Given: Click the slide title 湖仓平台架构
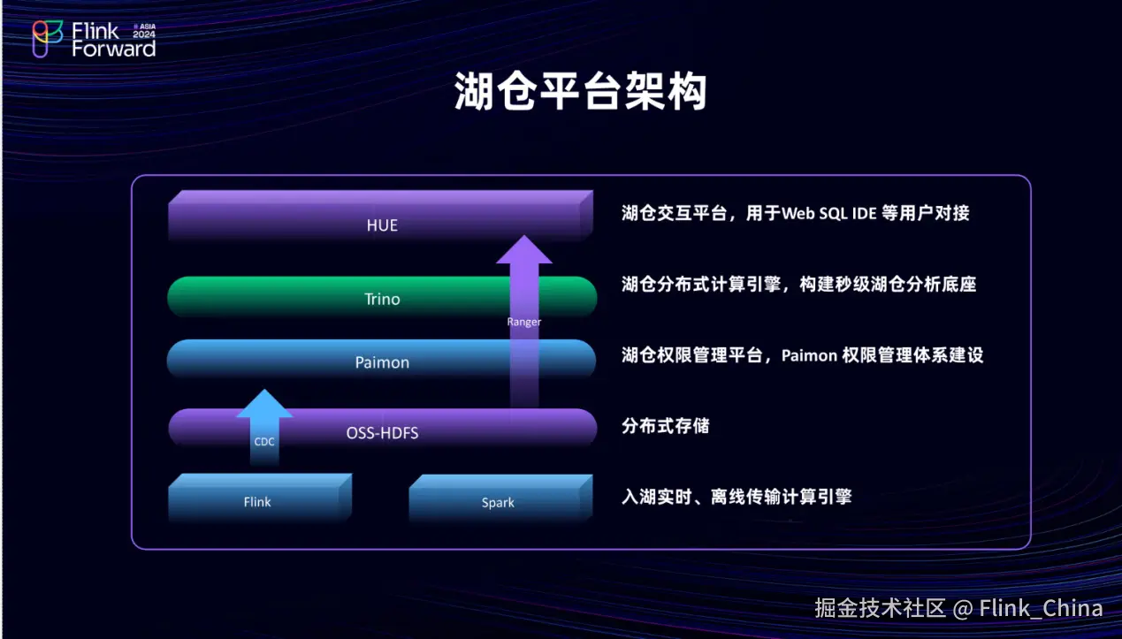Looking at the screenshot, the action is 580,91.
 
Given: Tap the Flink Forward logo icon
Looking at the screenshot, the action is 48,39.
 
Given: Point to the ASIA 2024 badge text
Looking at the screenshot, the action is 144,31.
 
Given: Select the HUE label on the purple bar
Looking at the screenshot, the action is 382,225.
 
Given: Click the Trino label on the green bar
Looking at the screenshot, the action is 382,299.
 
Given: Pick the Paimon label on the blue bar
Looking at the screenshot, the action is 382,362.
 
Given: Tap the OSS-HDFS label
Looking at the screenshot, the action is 382,433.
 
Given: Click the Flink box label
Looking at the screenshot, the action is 257,502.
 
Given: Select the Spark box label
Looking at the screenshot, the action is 498,502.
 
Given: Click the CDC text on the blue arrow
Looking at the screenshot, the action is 264,442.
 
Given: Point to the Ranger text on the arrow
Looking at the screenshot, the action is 524,322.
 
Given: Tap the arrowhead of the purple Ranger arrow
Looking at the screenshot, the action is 524,249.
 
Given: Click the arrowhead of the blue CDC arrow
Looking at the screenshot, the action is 264,403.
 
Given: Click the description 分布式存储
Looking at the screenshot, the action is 666,426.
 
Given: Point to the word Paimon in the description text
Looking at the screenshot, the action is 809,355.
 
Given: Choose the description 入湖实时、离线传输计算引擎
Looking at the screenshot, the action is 737,497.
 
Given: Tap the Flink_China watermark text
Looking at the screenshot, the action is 1041,608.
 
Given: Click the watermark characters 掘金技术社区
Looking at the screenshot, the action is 880,608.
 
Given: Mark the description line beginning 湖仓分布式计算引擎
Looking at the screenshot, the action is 799,285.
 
